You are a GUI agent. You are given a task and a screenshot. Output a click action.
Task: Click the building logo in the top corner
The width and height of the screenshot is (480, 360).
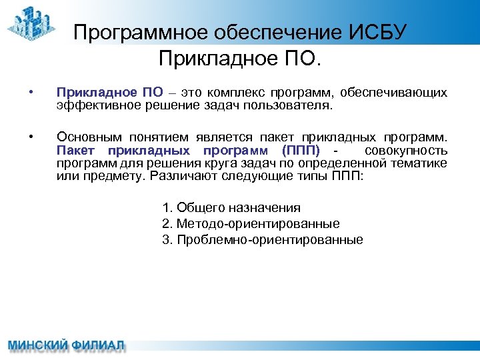33,23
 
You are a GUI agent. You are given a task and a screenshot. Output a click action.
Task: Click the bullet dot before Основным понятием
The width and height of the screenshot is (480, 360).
31,137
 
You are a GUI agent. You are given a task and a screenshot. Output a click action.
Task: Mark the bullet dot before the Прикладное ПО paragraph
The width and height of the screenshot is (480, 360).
31,92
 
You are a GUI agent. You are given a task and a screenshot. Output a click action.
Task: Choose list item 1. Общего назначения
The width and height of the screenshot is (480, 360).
231,208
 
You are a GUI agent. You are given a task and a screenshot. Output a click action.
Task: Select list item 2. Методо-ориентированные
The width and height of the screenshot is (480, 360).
251,224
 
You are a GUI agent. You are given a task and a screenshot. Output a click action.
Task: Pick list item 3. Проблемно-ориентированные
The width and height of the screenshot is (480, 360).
263,240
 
